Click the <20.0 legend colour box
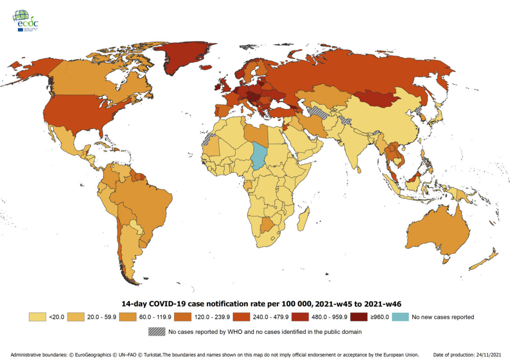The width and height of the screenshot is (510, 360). pyautogui.click(x=37, y=316)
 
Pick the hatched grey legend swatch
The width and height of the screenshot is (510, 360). pyautogui.click(x=157, y=332)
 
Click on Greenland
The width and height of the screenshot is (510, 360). pyautogui.click(x=182, y=62)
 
